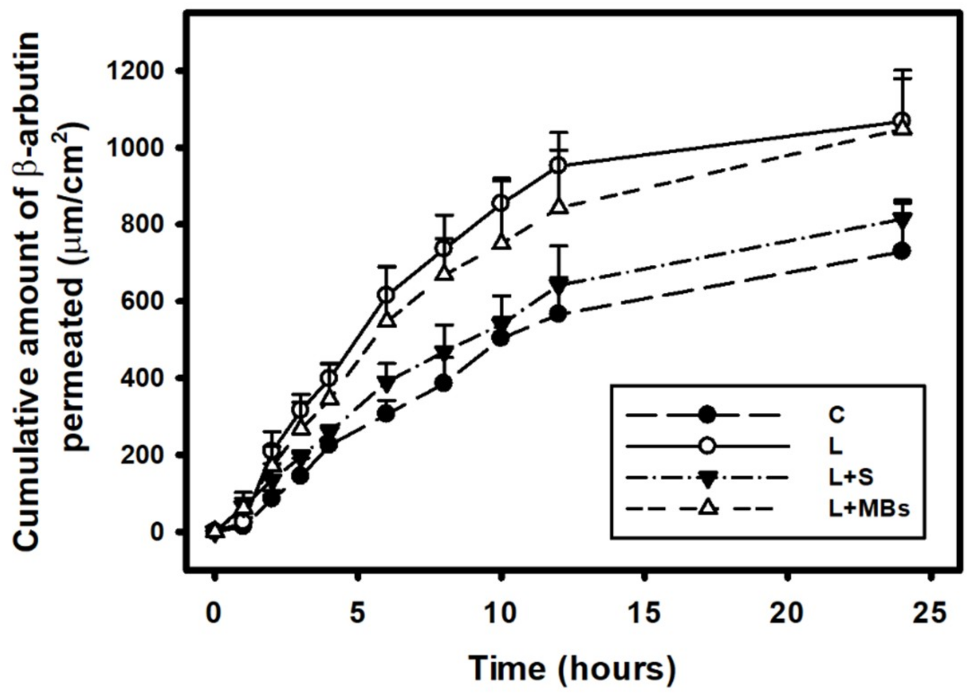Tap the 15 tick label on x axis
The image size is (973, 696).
645,613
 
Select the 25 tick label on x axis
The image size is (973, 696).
931,613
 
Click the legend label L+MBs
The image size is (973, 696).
869,509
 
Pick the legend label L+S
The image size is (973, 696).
851,477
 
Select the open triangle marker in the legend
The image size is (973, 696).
707,509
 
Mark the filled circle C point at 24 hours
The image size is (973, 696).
902,250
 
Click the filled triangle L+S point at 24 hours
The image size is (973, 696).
902,220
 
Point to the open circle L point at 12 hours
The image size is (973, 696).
558,165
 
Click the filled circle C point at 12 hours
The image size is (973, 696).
558,314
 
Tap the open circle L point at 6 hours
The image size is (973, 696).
387,295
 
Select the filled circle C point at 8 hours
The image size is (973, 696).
444,383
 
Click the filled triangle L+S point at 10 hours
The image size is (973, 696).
501,322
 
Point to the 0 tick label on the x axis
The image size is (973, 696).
214,613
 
